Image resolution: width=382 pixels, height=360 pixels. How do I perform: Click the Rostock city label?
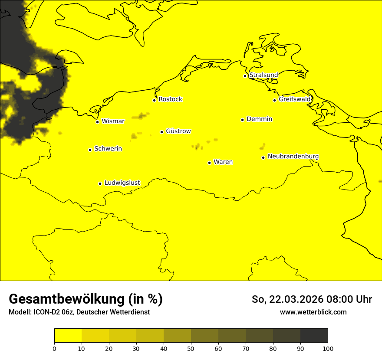click(170, 99)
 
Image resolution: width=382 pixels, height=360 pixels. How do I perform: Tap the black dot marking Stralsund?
click(245, 76)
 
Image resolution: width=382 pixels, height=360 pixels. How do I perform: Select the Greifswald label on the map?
click(295, 99)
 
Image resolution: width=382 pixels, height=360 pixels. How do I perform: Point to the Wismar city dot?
click(98, 122)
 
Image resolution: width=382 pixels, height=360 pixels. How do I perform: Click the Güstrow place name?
click(178, 131)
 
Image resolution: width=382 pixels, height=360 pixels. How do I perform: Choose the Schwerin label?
click(108, 149)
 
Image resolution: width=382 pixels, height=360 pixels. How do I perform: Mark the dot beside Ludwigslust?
click(100, 183)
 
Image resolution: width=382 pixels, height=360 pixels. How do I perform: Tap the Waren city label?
click(223, 162)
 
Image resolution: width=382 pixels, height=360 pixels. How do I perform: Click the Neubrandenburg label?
click(293, 156)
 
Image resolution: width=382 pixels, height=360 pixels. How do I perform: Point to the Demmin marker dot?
click(242, 120)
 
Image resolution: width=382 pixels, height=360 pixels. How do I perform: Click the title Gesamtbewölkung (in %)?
click(86, 299)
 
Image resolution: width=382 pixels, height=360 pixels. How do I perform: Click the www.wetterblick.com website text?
click(313, 312)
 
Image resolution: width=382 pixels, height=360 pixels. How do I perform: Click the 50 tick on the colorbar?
click(191, 348)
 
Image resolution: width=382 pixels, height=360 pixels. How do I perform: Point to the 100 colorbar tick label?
click(328, 348)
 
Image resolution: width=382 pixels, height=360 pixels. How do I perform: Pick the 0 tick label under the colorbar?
click(54, 348)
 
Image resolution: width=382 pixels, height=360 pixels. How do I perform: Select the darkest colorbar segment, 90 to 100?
click(314, 335)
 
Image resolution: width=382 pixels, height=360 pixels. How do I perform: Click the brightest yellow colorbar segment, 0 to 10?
click(68, 335)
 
